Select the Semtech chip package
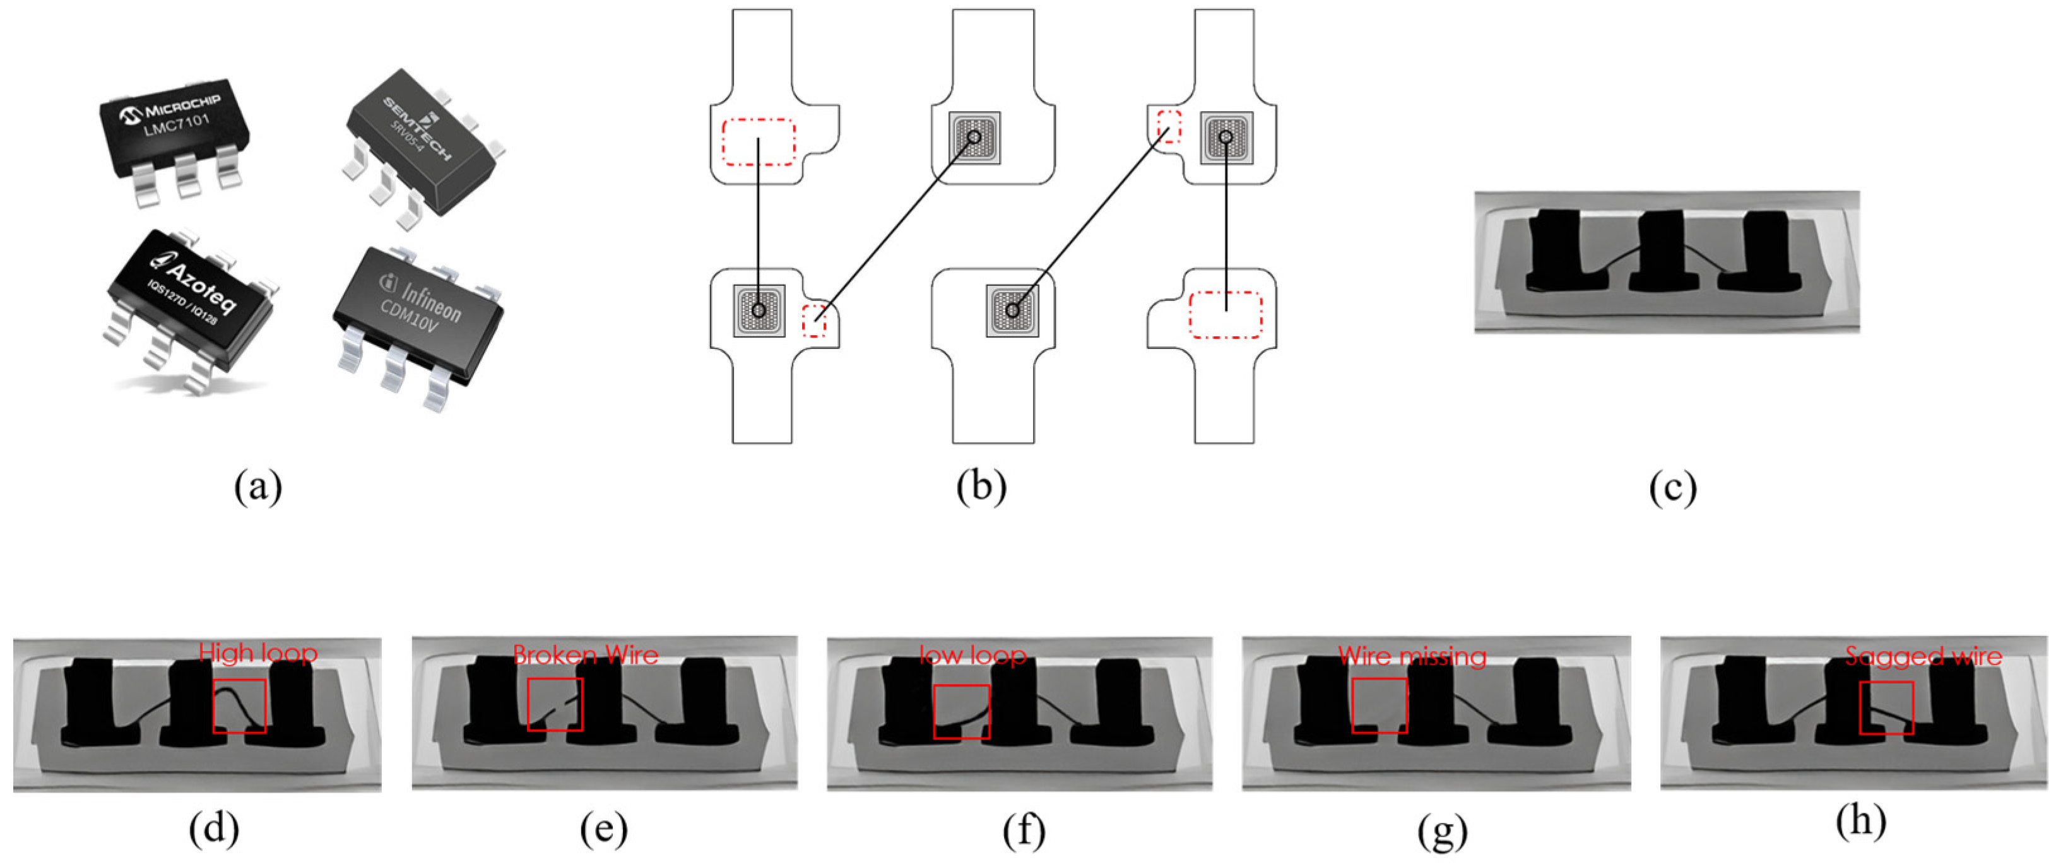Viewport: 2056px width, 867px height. [x=419, y=144]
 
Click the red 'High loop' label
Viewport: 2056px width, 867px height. [x=258, y=653]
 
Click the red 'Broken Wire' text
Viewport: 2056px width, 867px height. [x=585, y=656]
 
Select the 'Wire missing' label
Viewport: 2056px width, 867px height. [x=1412, y=656]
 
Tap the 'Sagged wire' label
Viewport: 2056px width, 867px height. [x=1923, y=656]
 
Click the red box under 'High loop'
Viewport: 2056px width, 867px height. [x=239, y=705]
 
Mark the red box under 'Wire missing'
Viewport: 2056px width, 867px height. [x=1379, y=705]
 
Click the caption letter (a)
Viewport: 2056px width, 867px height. [x=258, y=487]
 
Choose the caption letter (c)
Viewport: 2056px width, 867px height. [x=1672, y=487]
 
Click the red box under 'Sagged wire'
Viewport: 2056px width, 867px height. [x=1886, y=707]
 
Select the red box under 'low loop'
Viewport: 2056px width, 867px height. [x=961, y=711]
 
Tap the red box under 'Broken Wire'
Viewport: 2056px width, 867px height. [x=555, y=705]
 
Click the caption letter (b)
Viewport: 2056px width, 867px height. [x=981, y=487]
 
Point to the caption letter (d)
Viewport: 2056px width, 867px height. [x=214, y=830]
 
